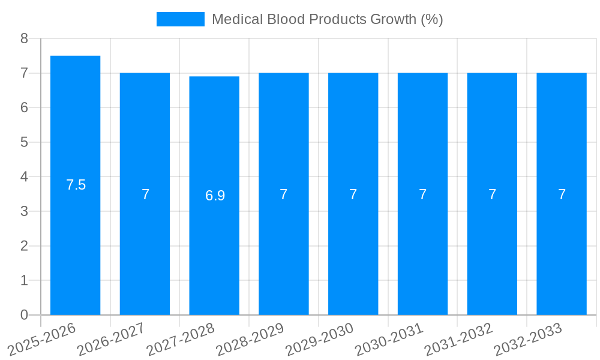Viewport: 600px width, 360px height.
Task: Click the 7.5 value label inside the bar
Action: (76, 185)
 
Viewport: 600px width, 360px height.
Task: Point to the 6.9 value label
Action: (215, 196)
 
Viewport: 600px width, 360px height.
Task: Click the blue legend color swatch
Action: (180, 19)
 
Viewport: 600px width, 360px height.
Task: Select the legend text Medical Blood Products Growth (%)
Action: (327, 19)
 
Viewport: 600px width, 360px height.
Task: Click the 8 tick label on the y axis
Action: (24, 38)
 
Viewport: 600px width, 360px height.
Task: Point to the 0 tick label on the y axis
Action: (24, 315)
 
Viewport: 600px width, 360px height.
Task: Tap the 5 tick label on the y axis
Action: (24, 142)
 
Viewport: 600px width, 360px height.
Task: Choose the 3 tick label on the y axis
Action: (24, 211)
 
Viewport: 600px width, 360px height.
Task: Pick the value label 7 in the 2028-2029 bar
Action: (284, 194)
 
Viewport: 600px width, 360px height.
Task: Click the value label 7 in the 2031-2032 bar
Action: (492, 194)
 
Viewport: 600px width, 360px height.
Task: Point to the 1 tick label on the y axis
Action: (24, 280)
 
